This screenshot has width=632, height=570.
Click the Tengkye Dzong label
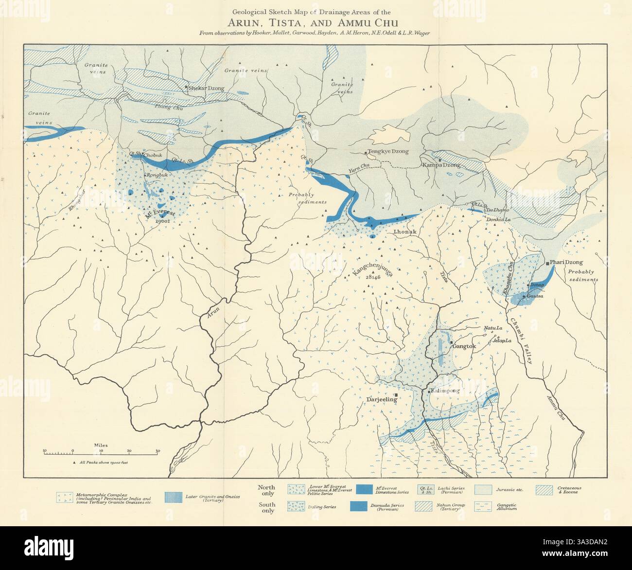[388, 152]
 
